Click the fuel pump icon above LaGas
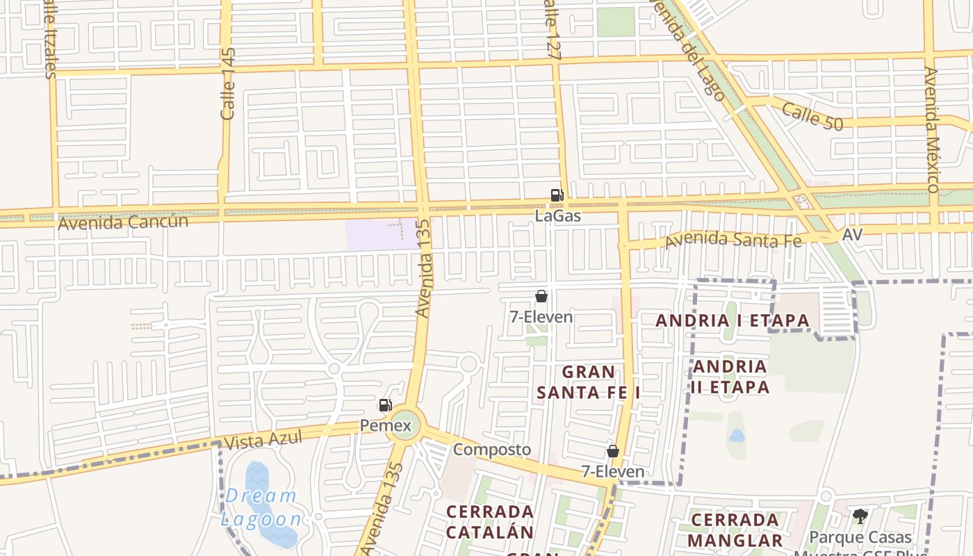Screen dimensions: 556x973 click(x=557, y=195)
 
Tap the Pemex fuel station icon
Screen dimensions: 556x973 click(x=385, y=405)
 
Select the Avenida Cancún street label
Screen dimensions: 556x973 click(x=123, y=222)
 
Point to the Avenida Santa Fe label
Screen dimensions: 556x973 click(x=733, y=240)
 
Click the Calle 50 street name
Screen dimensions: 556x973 click(x=812, y=116)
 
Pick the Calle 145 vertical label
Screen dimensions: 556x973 click(x=227, y=83)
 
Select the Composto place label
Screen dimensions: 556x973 click(x=492, y=450)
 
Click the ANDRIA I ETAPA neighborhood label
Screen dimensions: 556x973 click(x=733, y=320)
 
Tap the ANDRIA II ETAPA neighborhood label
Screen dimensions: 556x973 click(x=730, y=377)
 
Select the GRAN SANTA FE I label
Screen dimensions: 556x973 click(x=589, y=382)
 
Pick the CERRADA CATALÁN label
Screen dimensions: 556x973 click(x=490, y=522)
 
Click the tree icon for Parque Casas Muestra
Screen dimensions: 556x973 click(x=860, y=516)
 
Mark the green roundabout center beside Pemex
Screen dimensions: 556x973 click(x=407, y=425)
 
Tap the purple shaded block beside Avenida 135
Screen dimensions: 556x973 click(x=381, y=234)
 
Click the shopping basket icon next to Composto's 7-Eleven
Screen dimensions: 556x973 click(x=613, y=451)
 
